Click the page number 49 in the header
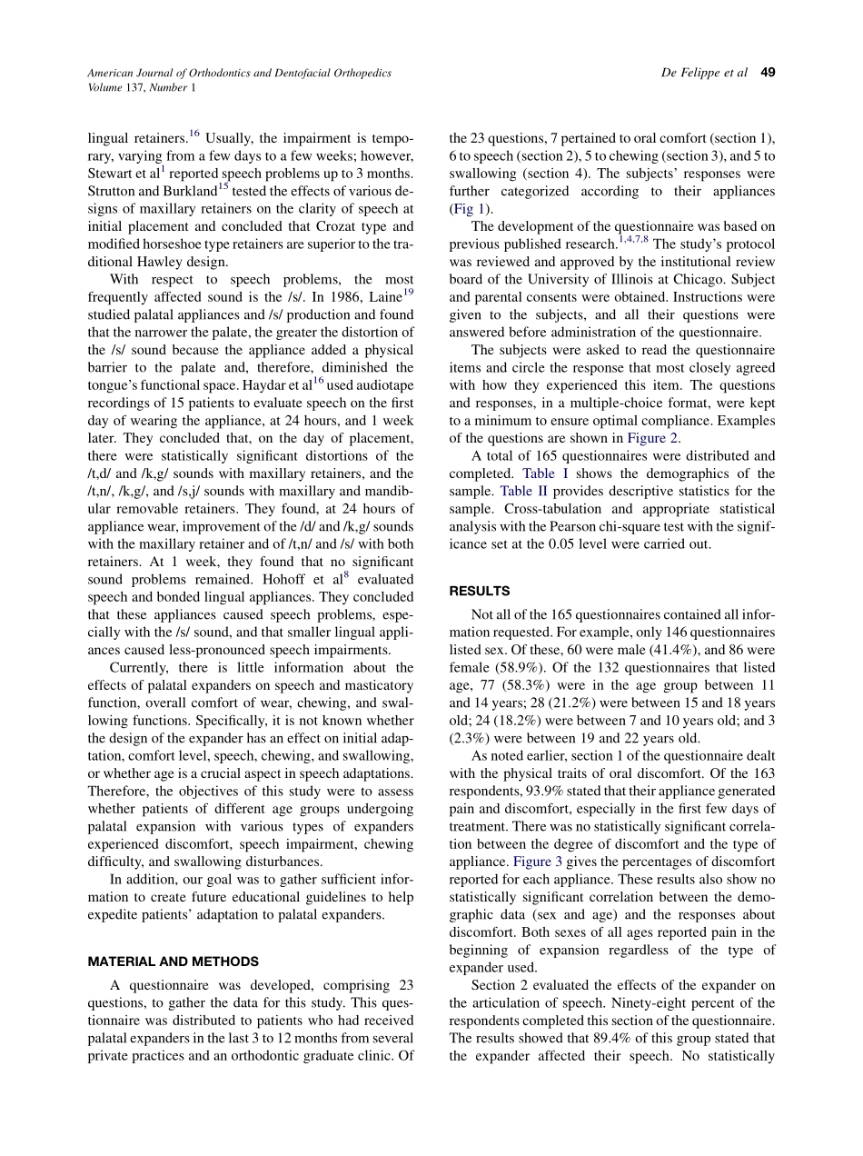click(x=768, y=73)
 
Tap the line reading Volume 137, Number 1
click(x=140, y=88)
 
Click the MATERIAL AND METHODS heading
click(x=173, y=961)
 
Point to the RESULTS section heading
click(x=480, y=591)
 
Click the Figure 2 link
click(x=653, y=438)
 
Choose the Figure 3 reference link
click(x=538, y=862)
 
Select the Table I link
click(x=545, y=473)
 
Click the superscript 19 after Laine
click(x=408, y=293)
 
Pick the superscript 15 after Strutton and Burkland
click(x=223, y=186)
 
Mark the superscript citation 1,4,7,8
click(x=633, y=240)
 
